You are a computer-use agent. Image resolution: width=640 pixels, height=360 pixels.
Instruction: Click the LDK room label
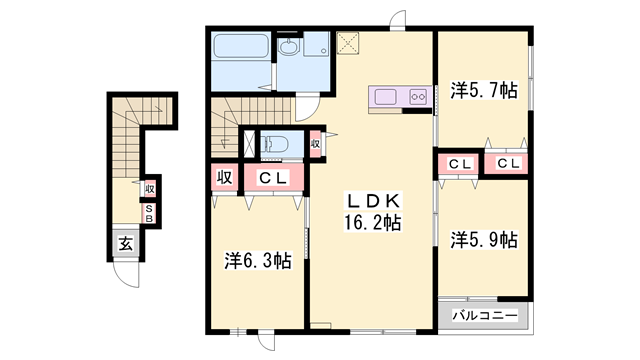tap(373, 201)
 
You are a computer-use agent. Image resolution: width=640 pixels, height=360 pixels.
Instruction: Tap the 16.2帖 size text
tap(372, 223)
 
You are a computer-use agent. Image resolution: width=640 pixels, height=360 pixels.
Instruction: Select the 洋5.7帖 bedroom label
tap(484, 90)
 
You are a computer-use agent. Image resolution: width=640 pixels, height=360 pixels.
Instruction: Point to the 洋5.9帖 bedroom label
tap(484, 240)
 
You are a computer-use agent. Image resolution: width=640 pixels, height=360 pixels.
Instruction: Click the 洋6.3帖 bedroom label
tap(258, 261)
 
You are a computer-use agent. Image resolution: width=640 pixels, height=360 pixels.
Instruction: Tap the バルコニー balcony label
tap(485, 315)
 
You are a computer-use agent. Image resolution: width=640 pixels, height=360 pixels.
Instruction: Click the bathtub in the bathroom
tap(241, 46)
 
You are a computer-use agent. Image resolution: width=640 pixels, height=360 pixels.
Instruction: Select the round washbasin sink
tap(289, 47)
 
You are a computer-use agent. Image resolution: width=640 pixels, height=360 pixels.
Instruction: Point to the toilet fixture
tap(274, 144)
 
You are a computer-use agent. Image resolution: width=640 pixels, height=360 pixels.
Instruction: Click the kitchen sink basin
tap(386, 97)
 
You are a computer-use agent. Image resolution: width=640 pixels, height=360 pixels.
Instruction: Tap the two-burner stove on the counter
tap(418, 97)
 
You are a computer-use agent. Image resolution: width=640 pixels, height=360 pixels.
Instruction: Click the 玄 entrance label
tap(126, 244)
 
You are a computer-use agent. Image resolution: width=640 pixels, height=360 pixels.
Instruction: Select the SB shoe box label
tap(149, 214)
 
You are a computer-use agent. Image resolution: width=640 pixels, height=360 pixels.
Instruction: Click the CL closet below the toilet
tap(273, 177)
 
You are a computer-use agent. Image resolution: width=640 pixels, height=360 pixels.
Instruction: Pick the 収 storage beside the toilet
tap(315, 144)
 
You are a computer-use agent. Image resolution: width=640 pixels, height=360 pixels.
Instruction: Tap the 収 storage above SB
tap(150, 189)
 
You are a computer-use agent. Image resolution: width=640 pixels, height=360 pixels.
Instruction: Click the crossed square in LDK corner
tap(348, 43)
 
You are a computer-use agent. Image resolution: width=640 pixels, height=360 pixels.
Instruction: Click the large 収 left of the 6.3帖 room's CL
tap(224, 177)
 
